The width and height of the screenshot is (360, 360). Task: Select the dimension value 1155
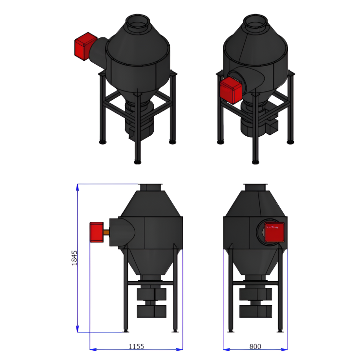136,346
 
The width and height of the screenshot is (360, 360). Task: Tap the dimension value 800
255,346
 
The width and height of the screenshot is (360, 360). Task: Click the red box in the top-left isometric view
85,46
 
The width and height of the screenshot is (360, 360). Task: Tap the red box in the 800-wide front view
274,232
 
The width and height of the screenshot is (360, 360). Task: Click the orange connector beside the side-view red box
106,232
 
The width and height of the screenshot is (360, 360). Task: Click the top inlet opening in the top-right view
255,20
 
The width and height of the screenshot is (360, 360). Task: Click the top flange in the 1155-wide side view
151,186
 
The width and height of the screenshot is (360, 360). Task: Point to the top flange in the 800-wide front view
255,186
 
